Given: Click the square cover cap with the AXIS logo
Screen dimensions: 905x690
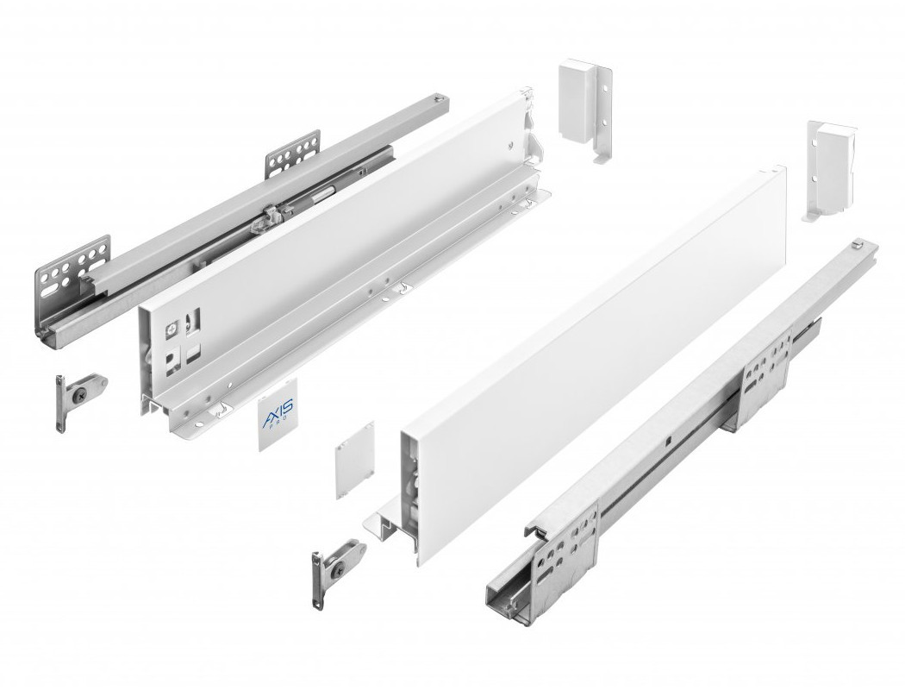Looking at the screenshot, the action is [277, 414].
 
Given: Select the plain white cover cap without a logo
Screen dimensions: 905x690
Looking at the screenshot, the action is [355, 460].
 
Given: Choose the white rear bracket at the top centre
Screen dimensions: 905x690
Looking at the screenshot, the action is [585, 110].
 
